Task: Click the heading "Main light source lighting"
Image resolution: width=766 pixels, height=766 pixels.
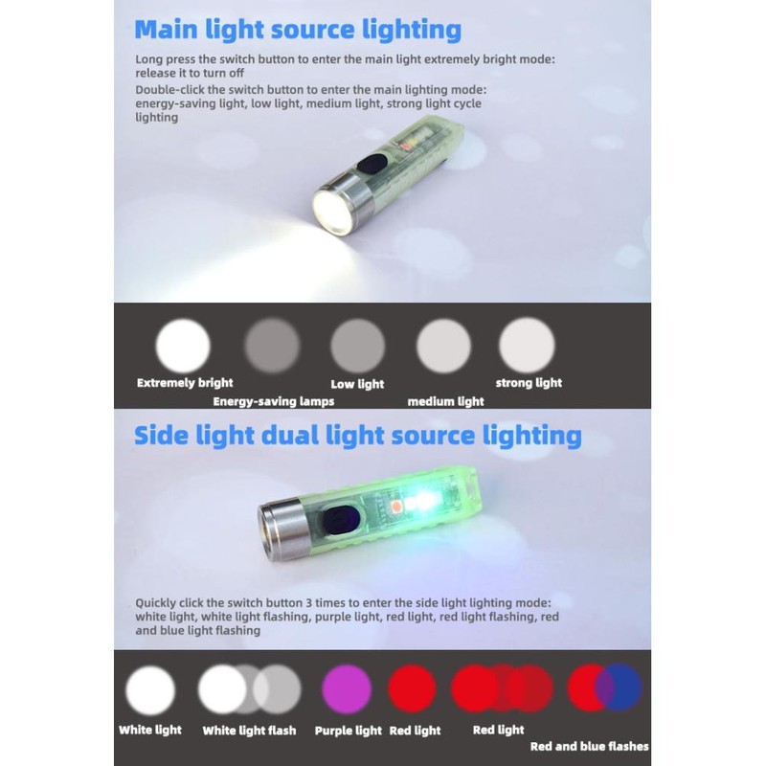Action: (x=298, y=29)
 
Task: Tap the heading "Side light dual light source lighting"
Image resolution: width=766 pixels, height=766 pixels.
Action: (x=357, y=436)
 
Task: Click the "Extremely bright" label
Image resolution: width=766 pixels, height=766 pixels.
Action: (x=185, y=383)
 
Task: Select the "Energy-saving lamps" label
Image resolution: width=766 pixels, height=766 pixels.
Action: (x=274, y=402)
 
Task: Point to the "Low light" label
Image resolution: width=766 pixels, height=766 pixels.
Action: (x=357, y=384)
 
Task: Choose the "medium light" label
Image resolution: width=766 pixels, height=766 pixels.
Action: (x=445, y=402)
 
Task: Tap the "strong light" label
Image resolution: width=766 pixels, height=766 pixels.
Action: (x=529, y=383)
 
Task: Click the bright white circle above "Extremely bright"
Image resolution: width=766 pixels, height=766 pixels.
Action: (x=183, y=345)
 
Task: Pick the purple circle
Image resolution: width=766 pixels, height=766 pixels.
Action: (x=348, y=689)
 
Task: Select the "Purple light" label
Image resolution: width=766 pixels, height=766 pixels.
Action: (x=349, y=731)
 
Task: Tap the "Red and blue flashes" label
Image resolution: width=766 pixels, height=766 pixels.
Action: (x=589, y=747)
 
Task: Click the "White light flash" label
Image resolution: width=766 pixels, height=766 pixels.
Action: (x=249, y=731)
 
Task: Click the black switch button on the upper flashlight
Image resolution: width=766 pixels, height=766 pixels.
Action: (x=369, y=169)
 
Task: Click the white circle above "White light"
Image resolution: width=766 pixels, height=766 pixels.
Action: (x=151, y=690)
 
